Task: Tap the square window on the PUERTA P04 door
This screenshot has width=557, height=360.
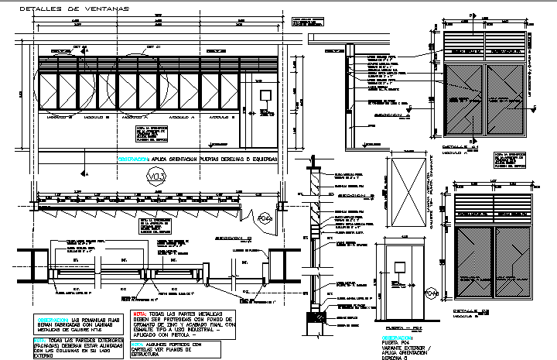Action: pos(399,268)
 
